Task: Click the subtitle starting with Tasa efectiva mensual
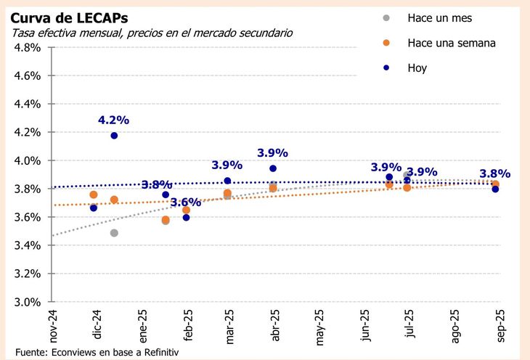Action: pyautogui.click(x=152, y=33)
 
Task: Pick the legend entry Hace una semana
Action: pyautogui.click(x=451, y=43)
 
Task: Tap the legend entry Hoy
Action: pyautogui.click(x=417, y=68)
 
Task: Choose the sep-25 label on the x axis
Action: pyautogui.click(x=496, y=324)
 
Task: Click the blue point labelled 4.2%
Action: pyautogui.click(x=114, y=136)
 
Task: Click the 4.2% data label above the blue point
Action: pyautogui.click(x=114, y=120)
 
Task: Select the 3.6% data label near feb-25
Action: pyautogui.click(x=185, y=202)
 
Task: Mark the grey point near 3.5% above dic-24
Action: pyautogui.click(x=114, y=233)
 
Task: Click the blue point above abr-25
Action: pyautogui.click(x=273, y=168)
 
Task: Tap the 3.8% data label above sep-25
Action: pyautogui.click(x=494, y=174)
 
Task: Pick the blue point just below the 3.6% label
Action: pyautogui.click(x=186, y=217)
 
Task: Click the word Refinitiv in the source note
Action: pyautogui.click(x=158, y=351)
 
